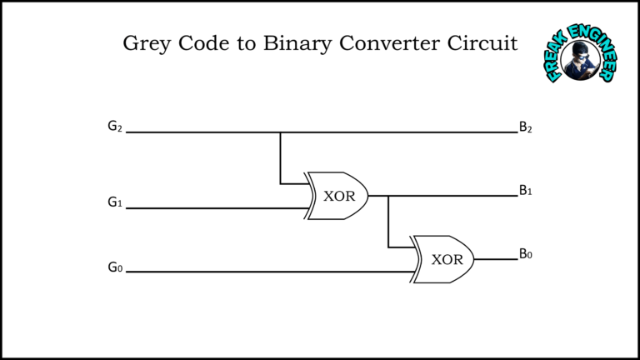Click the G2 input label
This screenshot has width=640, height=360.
pos(115,126)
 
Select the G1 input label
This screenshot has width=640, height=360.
pos(115,202)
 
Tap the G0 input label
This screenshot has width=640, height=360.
pos(115,267)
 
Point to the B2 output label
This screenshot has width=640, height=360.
pos(525,127)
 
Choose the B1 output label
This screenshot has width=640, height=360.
pos(525,190)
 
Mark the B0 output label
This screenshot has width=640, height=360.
pos(525,254)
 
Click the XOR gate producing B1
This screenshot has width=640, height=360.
pos(337,196)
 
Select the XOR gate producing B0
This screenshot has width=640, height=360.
pos(442,259)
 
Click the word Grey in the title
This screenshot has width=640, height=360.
pos(147,43)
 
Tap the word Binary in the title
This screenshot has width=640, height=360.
pos(297,43)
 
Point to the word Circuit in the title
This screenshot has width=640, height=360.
pos(482,42)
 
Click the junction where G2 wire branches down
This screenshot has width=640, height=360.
pos(280,132)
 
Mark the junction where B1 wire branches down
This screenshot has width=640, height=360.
pos(388,196)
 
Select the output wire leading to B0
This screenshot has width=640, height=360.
pos(496,259)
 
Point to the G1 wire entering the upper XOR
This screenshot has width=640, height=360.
pos(217,208)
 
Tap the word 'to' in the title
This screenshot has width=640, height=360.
pos(246,44)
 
